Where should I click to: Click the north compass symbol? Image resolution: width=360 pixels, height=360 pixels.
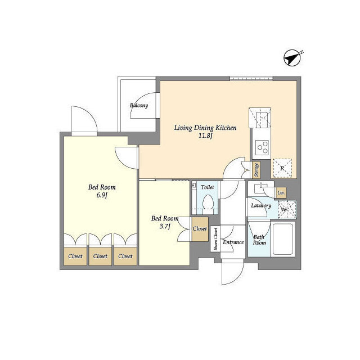[292, 58]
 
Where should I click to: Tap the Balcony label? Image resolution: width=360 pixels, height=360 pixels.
[139, 105]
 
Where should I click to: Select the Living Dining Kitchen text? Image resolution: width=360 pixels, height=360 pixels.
[205, 128]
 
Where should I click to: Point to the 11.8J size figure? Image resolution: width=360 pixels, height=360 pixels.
[205, 136]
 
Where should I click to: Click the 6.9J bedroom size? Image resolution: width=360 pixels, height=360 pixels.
[102, 195]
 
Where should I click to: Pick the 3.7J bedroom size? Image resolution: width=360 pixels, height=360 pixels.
[165, 227]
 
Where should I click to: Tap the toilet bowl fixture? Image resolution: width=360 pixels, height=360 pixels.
[208, 202]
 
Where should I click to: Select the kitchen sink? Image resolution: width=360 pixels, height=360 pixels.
[263, 119]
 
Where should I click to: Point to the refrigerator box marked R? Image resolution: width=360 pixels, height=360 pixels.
[282, 168]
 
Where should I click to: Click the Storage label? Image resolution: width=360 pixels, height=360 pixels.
[256, 170]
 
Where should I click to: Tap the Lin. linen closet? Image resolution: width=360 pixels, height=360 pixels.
[281, 193]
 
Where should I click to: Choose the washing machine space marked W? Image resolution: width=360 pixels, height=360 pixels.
[287, 209]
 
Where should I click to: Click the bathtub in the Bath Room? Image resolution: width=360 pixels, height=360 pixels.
[282, 239]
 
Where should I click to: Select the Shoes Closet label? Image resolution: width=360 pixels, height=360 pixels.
[215, 239]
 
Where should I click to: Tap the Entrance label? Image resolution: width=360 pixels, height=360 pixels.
[233, 242]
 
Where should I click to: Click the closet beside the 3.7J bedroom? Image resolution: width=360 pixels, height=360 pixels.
[200, 229]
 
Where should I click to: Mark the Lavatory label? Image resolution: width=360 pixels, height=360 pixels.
[261, 205]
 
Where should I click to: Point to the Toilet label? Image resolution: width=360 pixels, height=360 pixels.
[208, 187]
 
